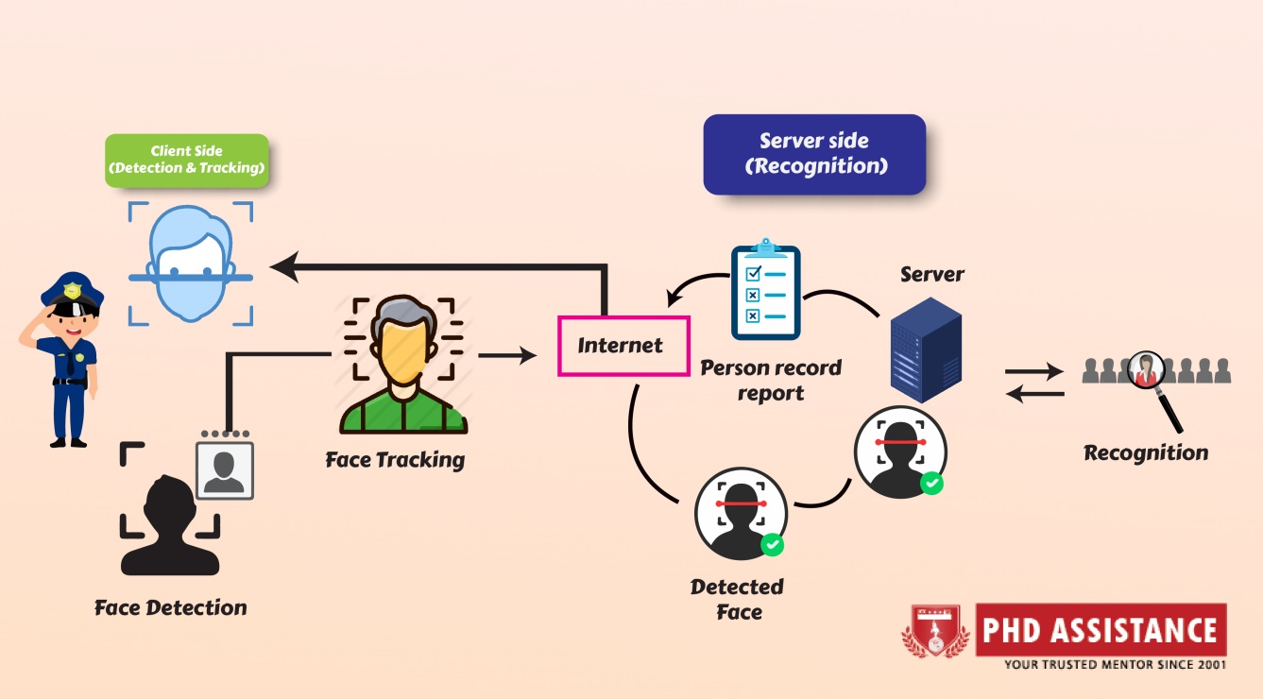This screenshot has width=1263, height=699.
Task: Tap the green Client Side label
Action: tap(186, 161)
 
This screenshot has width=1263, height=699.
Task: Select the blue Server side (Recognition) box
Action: tap(813, 154)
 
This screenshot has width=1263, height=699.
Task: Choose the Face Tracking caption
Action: tap(395, 460)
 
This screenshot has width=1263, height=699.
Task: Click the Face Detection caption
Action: tap(170, 607)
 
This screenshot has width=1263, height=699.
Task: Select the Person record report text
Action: tap(771, 380)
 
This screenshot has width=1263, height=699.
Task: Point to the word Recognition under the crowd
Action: tap(1146, 452)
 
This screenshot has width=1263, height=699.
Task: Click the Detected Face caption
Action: tap(738, 599)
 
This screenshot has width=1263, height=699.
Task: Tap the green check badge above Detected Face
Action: tap(773, 544)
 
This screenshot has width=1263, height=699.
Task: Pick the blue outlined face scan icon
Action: tap(191, 263)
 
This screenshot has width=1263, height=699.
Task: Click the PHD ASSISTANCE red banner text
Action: tap(1100, 630)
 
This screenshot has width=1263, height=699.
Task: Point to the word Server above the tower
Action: tap(931, 274)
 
